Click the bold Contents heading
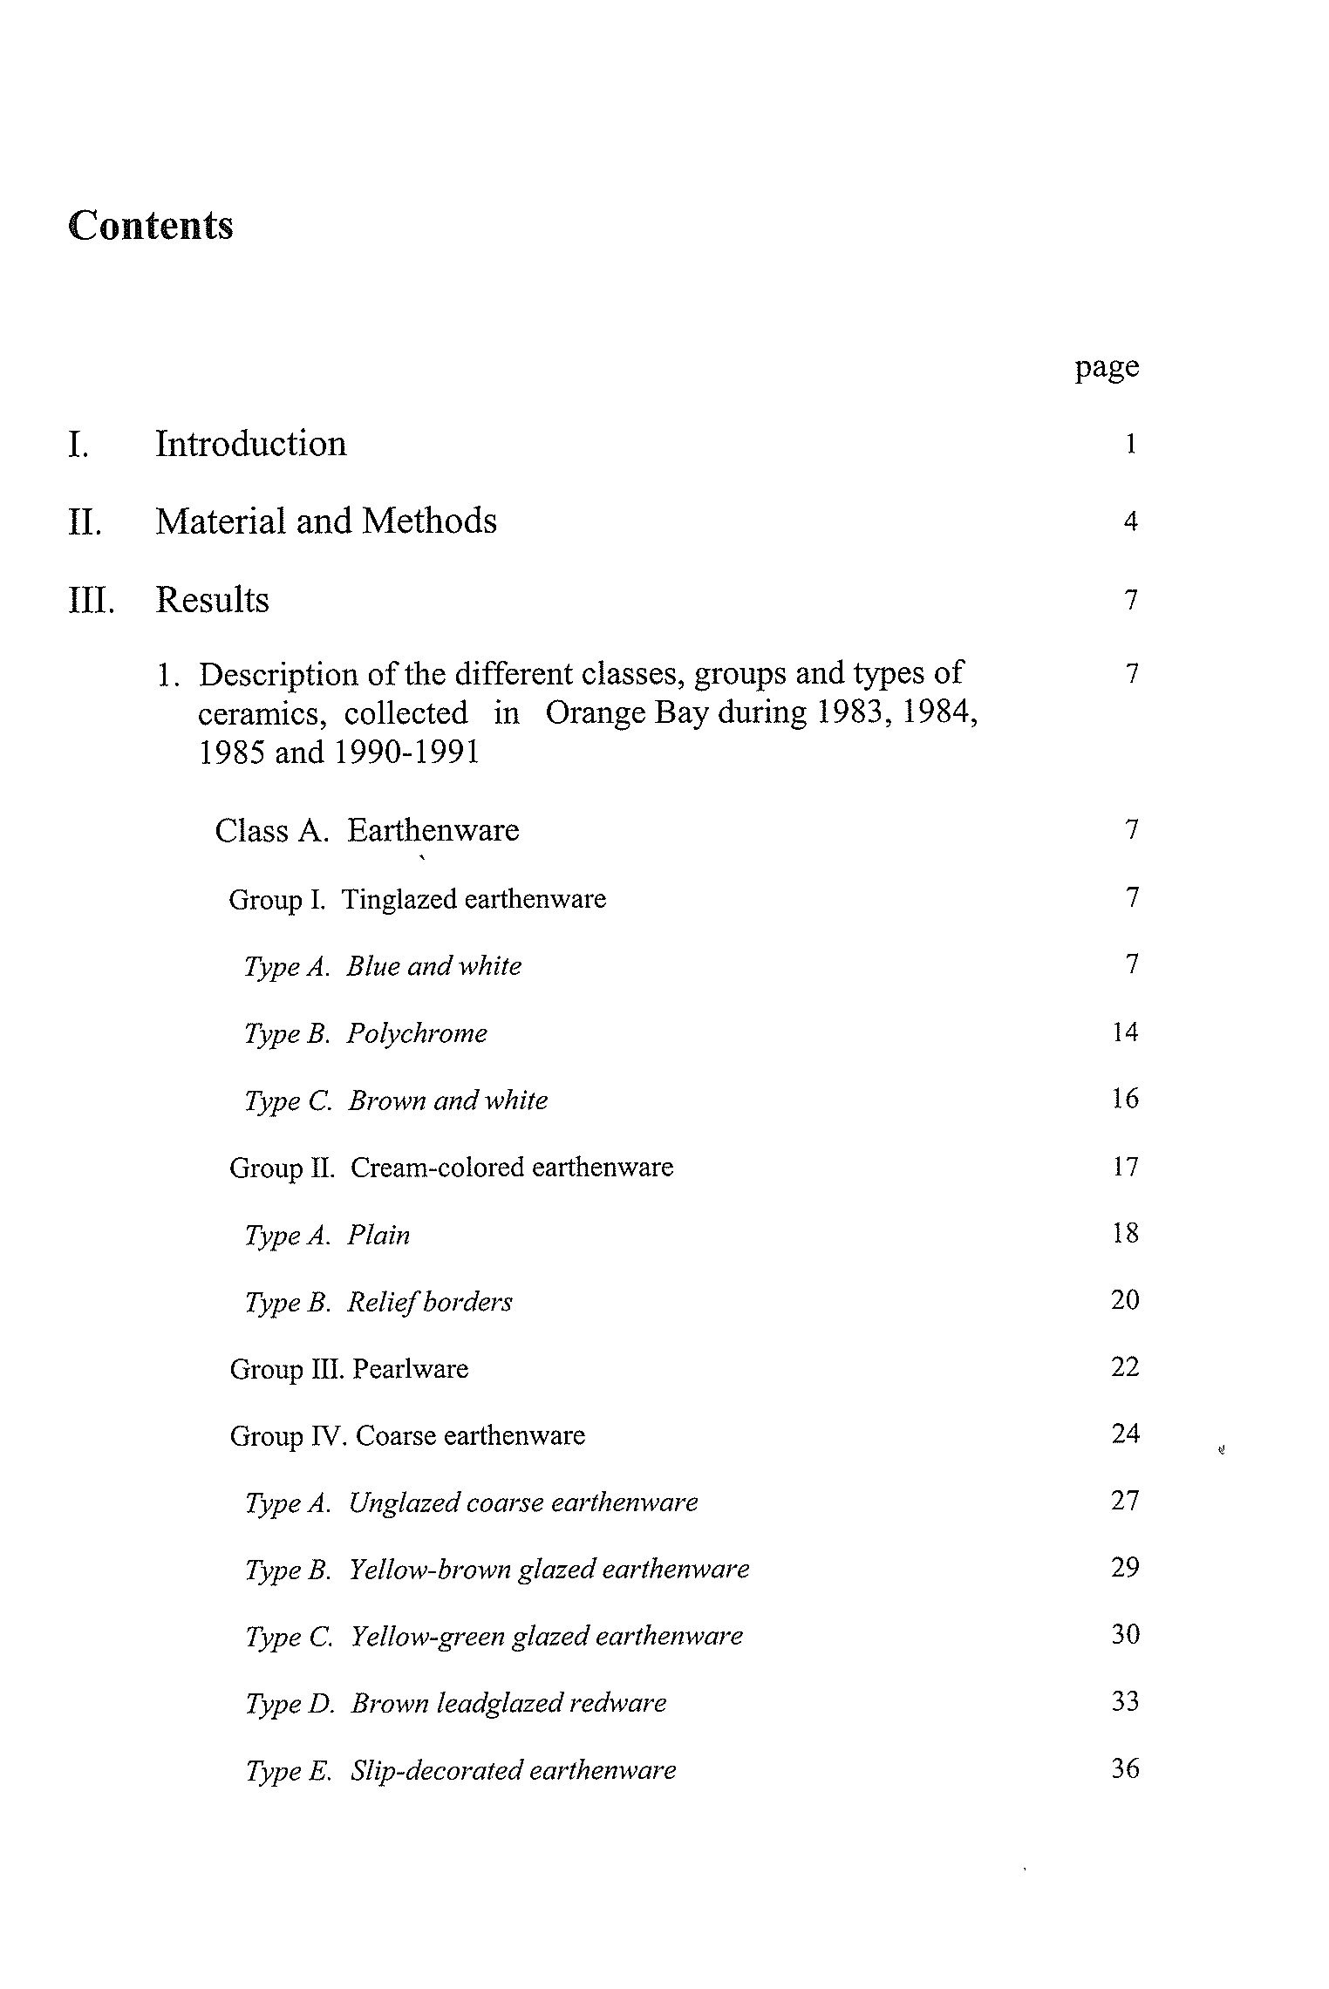click(x=151, y=226)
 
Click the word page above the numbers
click(x=1106, y=367)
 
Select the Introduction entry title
click(x=250, y=444)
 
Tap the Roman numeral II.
click(x=84, y=522)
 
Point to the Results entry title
click(x=212, y=600)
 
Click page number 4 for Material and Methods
click(x=1130, y=522)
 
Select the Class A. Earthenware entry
click(x=367, y=830)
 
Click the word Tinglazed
click(x=399, y=899)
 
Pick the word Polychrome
click(x=417, y=1033)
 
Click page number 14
click(x=1125, y=1032)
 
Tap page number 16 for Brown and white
click(x=1125, y=1099)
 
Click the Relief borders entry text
click(x=429, y=1302)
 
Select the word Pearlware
click(x=411, y=1369)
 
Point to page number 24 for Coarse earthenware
click(x=1125, y=1434)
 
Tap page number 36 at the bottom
click(x=1125, y=1768)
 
